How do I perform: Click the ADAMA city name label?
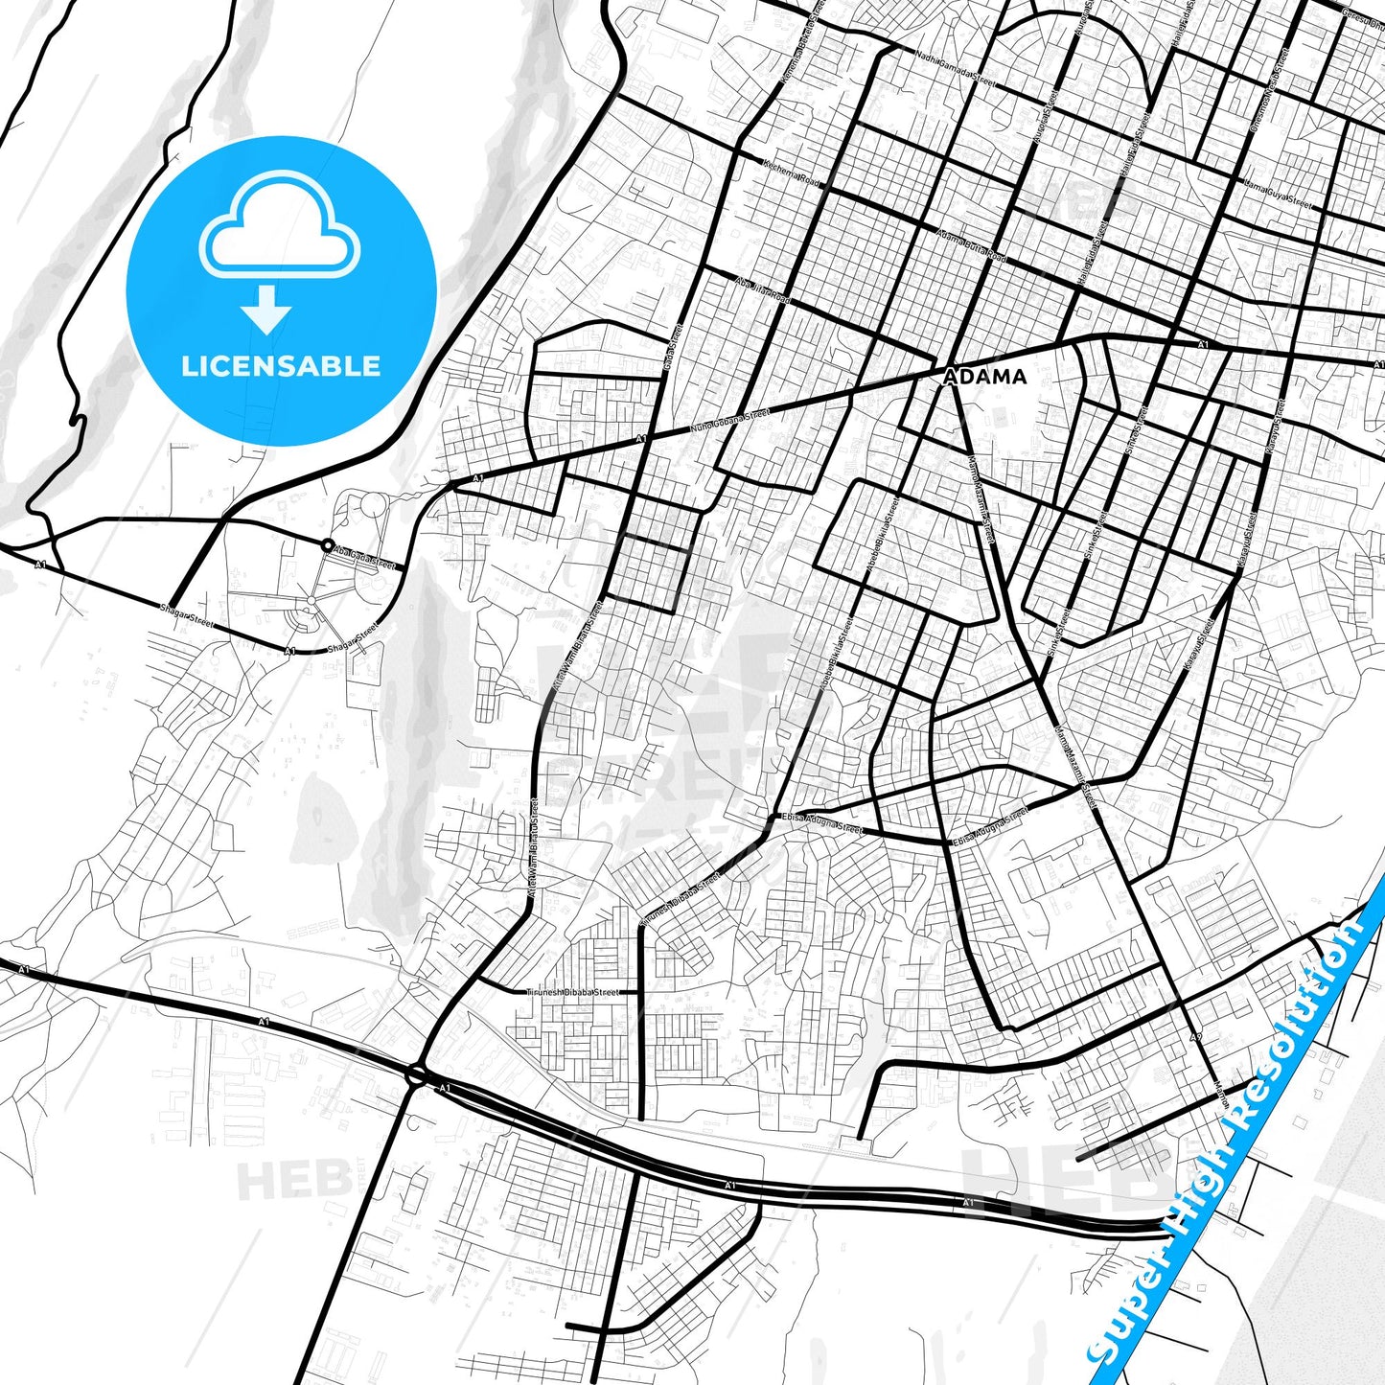(984, 377)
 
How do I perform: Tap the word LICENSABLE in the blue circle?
(281, 366)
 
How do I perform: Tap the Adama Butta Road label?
(971, 247)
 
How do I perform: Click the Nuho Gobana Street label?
(730, 422)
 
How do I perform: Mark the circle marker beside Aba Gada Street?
(328, 545)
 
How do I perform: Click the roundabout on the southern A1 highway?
(417, 1074)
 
